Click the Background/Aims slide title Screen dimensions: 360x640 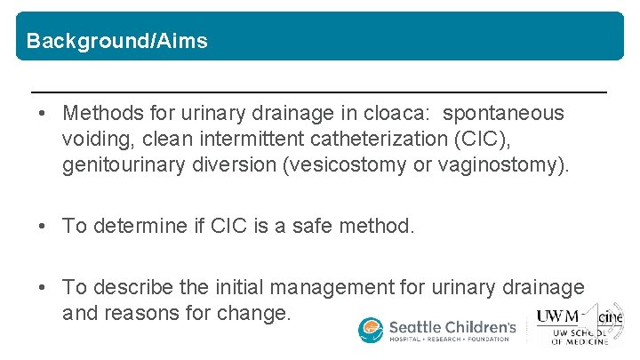117,41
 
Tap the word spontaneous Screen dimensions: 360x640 503,114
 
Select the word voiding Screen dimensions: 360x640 95,139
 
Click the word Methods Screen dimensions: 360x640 99,114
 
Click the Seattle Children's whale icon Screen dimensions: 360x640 371,330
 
